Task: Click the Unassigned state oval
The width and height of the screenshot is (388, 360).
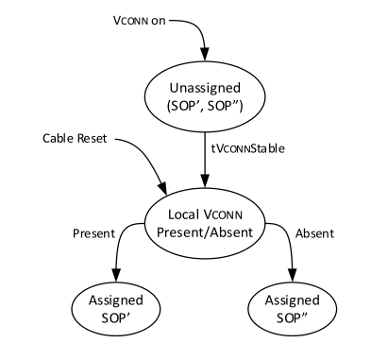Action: click(x=205, y=95)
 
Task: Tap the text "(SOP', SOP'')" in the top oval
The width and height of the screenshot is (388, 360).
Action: click(x=205, y=105)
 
